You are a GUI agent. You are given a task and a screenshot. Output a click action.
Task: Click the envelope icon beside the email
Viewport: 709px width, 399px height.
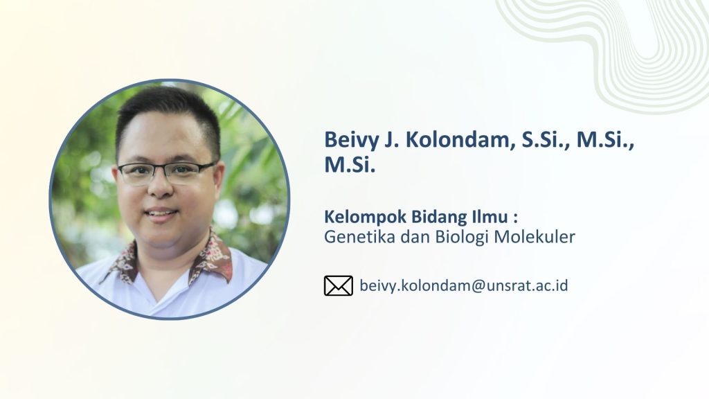pos(338,286)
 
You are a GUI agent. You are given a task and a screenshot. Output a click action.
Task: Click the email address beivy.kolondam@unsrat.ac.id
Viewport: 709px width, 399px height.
pos(463,286)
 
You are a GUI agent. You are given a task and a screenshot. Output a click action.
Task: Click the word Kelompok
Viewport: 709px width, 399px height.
pos(365,218)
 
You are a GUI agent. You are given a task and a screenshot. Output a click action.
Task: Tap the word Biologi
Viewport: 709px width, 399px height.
pos(463,237)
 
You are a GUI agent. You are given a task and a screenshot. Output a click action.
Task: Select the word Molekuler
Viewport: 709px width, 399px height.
pos(535,237)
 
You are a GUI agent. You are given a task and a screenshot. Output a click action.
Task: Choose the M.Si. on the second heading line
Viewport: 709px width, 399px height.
pos(350,165)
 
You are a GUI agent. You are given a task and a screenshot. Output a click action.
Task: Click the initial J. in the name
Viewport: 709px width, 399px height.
pos(392,140)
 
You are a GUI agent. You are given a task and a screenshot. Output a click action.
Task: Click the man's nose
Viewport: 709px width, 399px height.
pos(161,186)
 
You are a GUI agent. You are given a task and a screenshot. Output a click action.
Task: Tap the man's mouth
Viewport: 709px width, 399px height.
pos(160,213)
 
